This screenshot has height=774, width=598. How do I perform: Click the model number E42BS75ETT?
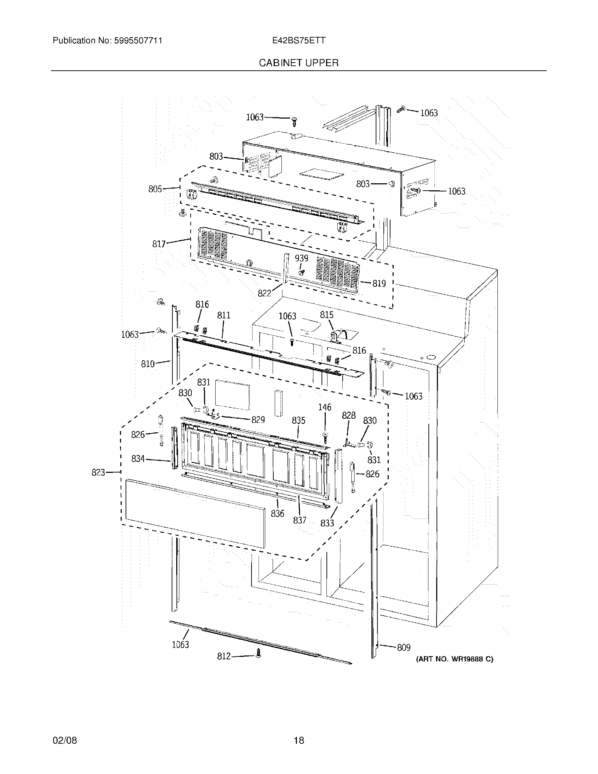[298, 40]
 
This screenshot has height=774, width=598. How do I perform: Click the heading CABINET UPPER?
[298, 63]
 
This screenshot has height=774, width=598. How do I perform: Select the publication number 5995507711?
[138, 40]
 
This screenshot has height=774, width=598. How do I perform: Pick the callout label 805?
[155, 189]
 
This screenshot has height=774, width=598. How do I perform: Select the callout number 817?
[159, 244]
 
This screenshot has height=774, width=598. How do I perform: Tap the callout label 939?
[301, 258]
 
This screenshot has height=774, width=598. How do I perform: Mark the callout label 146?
[325, 407]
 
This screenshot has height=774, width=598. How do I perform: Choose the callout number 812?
[223, 656]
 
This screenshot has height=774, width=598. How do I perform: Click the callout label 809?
[403, 647]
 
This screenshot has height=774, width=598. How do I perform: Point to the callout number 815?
[326, 315]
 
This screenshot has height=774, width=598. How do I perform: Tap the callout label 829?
[258, 420]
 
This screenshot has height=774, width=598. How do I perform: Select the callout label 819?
[379, 283]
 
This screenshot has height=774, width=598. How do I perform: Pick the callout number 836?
[278, 513]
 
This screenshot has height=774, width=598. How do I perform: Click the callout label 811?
[223, 315]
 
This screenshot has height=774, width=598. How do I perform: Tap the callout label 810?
[148, 364]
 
